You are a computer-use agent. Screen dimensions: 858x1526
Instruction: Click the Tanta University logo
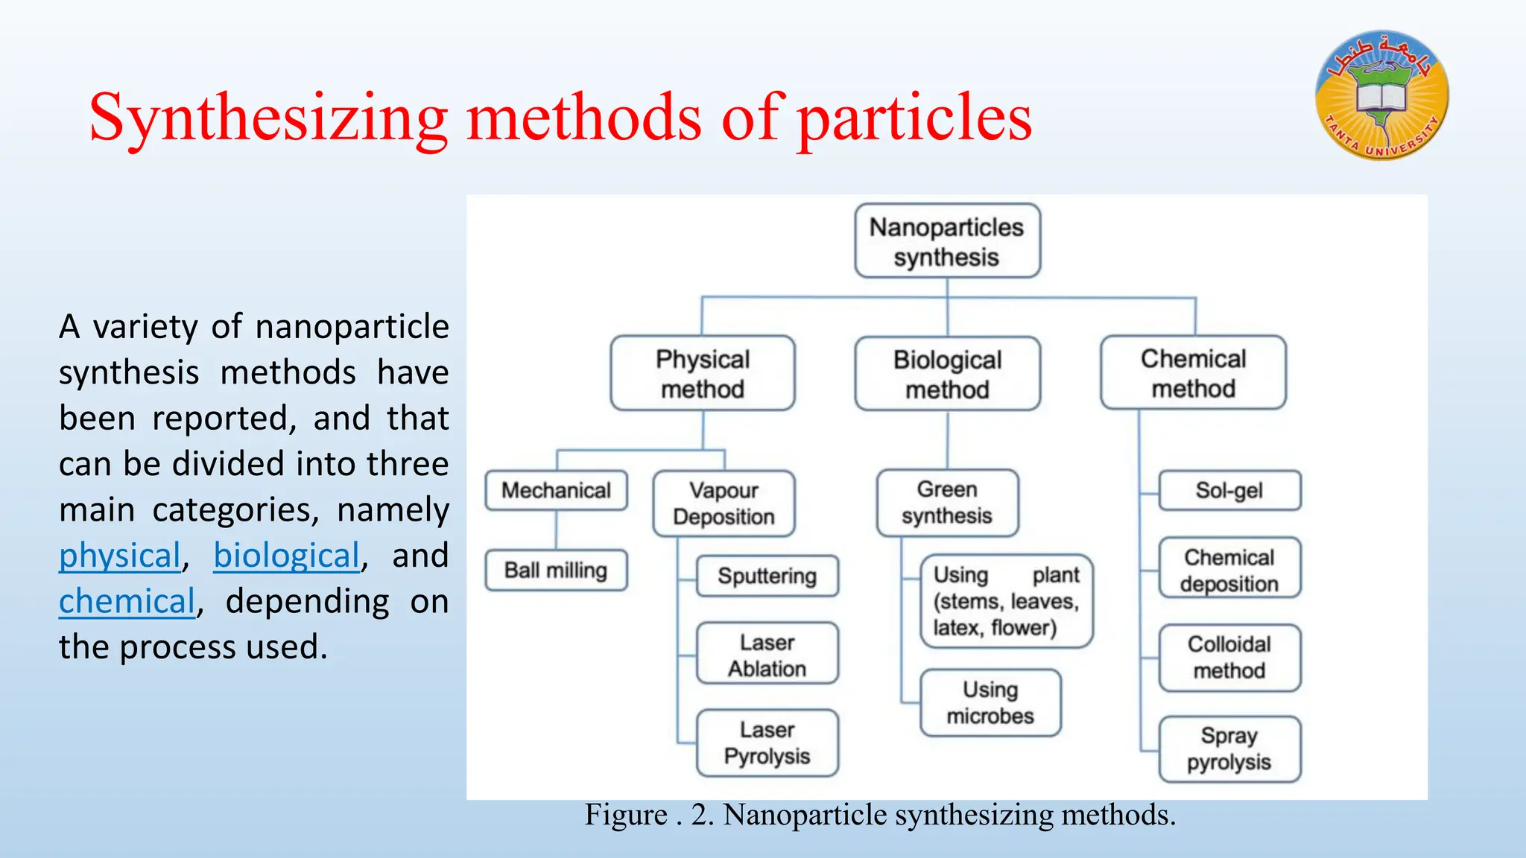1382,95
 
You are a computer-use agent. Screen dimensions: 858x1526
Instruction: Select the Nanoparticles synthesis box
947,241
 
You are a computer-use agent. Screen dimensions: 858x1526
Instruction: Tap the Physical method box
703,374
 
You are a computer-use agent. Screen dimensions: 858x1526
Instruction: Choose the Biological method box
947,374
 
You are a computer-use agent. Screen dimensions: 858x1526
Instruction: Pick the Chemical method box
1193,373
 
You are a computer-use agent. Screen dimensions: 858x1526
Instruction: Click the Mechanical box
556,490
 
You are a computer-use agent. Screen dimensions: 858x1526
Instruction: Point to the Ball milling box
556,571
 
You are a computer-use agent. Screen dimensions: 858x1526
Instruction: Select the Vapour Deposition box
724,503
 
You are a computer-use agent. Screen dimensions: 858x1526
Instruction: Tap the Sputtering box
767,576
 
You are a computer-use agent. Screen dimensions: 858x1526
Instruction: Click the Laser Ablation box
767,655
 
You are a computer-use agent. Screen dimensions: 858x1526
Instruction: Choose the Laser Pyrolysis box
767,743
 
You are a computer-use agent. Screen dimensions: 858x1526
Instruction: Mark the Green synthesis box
947,503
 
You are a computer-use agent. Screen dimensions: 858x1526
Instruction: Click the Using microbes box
990,702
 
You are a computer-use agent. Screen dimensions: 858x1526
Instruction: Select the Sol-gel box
1229,490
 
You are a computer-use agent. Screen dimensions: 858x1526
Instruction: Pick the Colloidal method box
1229,657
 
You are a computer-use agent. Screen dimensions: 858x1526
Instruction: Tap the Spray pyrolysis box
1229,749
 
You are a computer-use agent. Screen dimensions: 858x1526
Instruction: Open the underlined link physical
120,556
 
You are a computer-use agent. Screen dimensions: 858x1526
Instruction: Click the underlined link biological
287,556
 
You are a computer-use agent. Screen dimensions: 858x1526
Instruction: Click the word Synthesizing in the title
268,118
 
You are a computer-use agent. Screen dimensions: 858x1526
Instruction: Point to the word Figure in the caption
625,815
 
